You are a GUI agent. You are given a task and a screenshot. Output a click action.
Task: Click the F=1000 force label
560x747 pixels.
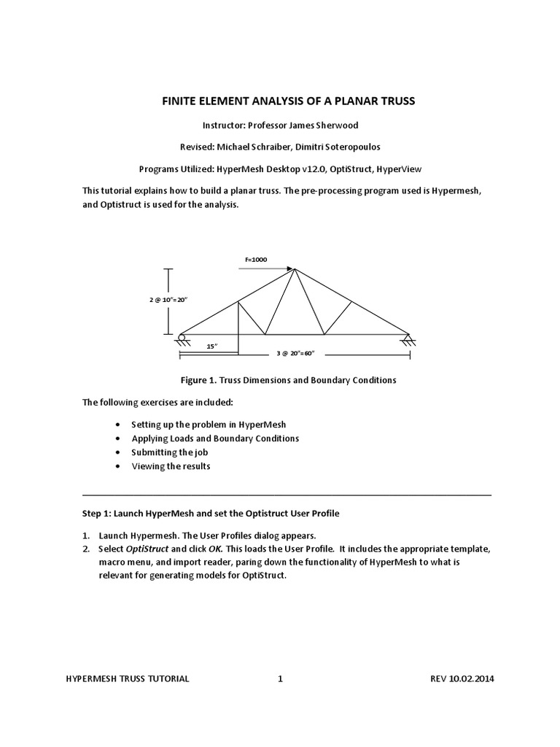click(257, 259)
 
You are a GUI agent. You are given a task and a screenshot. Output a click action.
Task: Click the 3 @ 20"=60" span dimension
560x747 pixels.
click(295, 353)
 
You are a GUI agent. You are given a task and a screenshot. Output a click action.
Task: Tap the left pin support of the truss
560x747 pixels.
click(180, 337)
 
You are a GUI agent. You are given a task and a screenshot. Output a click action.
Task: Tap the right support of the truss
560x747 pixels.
click(408, 338)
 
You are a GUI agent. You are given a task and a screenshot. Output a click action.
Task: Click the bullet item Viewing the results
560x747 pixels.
click(171, 466)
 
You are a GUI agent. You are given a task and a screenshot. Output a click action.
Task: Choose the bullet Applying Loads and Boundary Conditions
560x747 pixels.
click(215, 438)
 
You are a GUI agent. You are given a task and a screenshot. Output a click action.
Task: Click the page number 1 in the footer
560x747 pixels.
click(281, 678)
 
